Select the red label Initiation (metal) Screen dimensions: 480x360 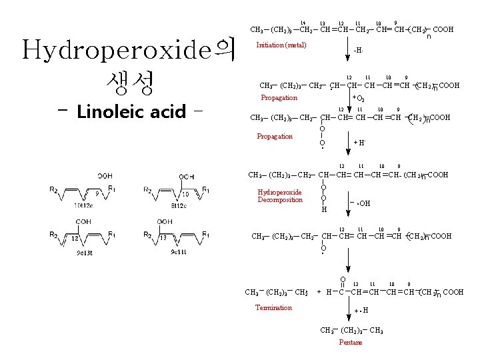pos(281,45)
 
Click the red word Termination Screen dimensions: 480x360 pos(273,307)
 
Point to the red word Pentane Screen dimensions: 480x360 pos(350,342)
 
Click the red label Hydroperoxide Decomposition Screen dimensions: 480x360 pos(280,196)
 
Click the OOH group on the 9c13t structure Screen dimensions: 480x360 pos(83,221)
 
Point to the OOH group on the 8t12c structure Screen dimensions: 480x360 pos(187,177)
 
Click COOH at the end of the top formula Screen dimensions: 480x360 pos(443,29)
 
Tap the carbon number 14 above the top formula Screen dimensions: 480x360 pos(303,23)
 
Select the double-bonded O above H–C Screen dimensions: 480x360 pos(343,280)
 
